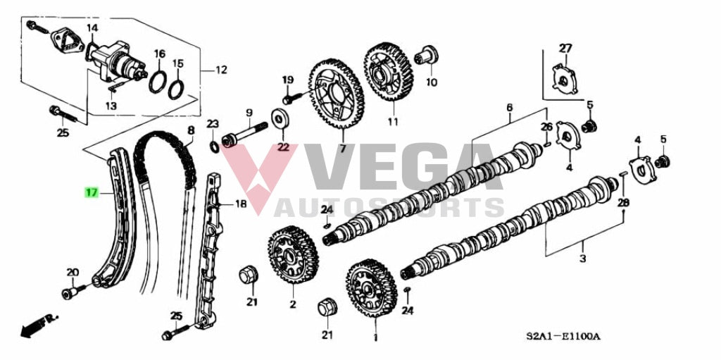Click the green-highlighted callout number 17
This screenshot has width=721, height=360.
pyautogui.click(x=92, y=192)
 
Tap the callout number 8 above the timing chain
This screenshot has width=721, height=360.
pyautogui.click(x=191, y=130)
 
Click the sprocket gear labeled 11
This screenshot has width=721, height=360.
pyautogui.click(x=389, y=71)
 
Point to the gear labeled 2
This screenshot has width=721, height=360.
pyautogui.click(x=293, y=254)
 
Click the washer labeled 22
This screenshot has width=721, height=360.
pyautogui.click(x=280, y=119)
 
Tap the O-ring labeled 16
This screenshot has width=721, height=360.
pyautogui.click(x=158, y=82)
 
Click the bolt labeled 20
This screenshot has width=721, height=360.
pyautogui.click(x=73, y=291)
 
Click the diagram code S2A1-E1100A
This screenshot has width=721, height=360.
pyautogui.click(x=569, y=336)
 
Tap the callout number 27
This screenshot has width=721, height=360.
pyautogui.click(x=565, y=49)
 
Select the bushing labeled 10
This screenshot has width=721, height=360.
pyautogui.click(x=426, y=56)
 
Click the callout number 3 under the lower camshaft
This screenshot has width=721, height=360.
pyautogui.click(x=582, y=259)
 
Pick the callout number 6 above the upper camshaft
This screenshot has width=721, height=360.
pyautogui.click(x=509, y=108)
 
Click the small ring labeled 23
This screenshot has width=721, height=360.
pyautogui.click(x=214, y=147)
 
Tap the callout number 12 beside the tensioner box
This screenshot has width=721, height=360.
pyautogui.click(x=221, y=70)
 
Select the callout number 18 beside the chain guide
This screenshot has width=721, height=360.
pyautogui.click(x=241, y=204)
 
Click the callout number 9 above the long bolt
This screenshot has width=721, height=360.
pyautogui.click(x=249, y=112)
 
